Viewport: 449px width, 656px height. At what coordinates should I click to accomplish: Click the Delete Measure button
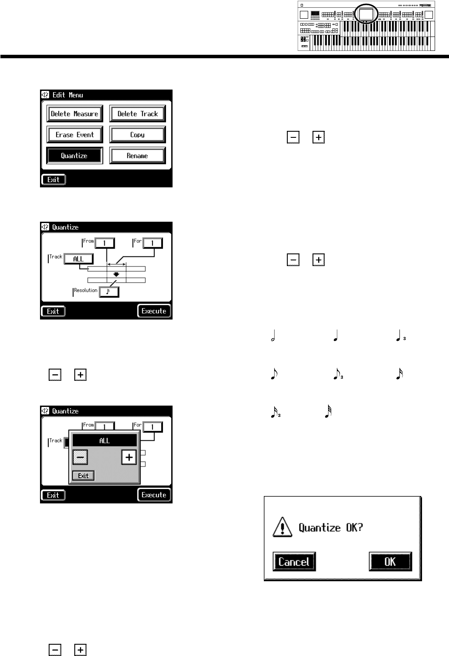pyautogui.click(x=74, y=114)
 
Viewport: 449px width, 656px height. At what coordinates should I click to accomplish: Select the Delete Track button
pyautogui.click(x=137, y=114)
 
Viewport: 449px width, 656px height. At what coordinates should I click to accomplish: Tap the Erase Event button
pyautogui.click(x=74, y=135)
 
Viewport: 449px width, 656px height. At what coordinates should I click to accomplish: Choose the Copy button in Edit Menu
pyautogui.click(x=137, y=135)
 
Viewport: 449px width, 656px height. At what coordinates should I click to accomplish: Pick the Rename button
pyautogui.click(x=137, y=156)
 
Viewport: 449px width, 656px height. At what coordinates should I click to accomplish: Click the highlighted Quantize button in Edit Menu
pyautogui.click(x=74, y=156)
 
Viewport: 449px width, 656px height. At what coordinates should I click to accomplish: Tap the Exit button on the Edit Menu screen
pyautogui.click(x=53, y=180)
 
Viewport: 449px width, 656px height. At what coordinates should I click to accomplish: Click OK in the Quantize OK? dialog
pyautogui.click(x=390, y=562)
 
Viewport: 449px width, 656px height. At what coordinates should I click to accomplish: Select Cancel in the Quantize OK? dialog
pyautogui.click(x=294, y=562)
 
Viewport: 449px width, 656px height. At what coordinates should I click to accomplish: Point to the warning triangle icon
pyautogui.click(x=282, y=528)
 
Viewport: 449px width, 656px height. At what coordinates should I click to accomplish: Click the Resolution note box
pyautogui.click(x=109, y=292)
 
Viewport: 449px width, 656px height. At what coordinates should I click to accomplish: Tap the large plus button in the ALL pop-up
pyautogui.click(x=129, y=457)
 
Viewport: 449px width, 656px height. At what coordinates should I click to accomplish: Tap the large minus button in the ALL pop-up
pyautogui.click(x=80, y=457)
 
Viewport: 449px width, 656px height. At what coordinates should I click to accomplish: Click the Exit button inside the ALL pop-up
pyautogui.click(x=83, y=476)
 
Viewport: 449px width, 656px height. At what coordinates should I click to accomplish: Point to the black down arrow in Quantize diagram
pyautogui.click(x=116, y=275)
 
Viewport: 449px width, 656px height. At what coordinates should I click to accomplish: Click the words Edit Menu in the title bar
pyautogui.click(x=67, y=95)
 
